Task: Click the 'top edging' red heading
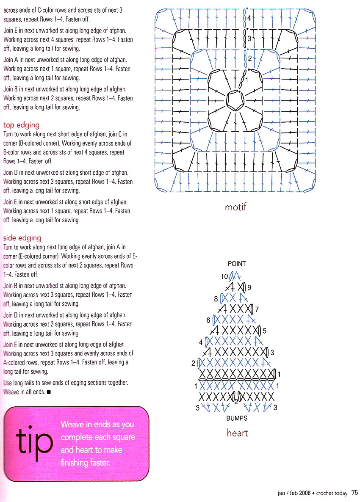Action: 21,125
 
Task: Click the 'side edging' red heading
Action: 22,238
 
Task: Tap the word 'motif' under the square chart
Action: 235,207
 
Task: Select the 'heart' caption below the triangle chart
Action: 237,433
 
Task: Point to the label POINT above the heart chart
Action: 237,264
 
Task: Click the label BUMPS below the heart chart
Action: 237,418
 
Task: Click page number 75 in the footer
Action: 355,493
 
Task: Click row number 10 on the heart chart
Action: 224,276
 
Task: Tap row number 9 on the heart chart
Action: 249,287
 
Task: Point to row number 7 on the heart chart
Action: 257,309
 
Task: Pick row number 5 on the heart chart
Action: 265,331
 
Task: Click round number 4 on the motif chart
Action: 249,18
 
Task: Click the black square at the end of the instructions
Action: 49,392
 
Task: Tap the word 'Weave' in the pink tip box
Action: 72,424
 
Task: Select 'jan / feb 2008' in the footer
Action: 294,493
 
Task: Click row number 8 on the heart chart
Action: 216,298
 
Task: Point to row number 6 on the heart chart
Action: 208,320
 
